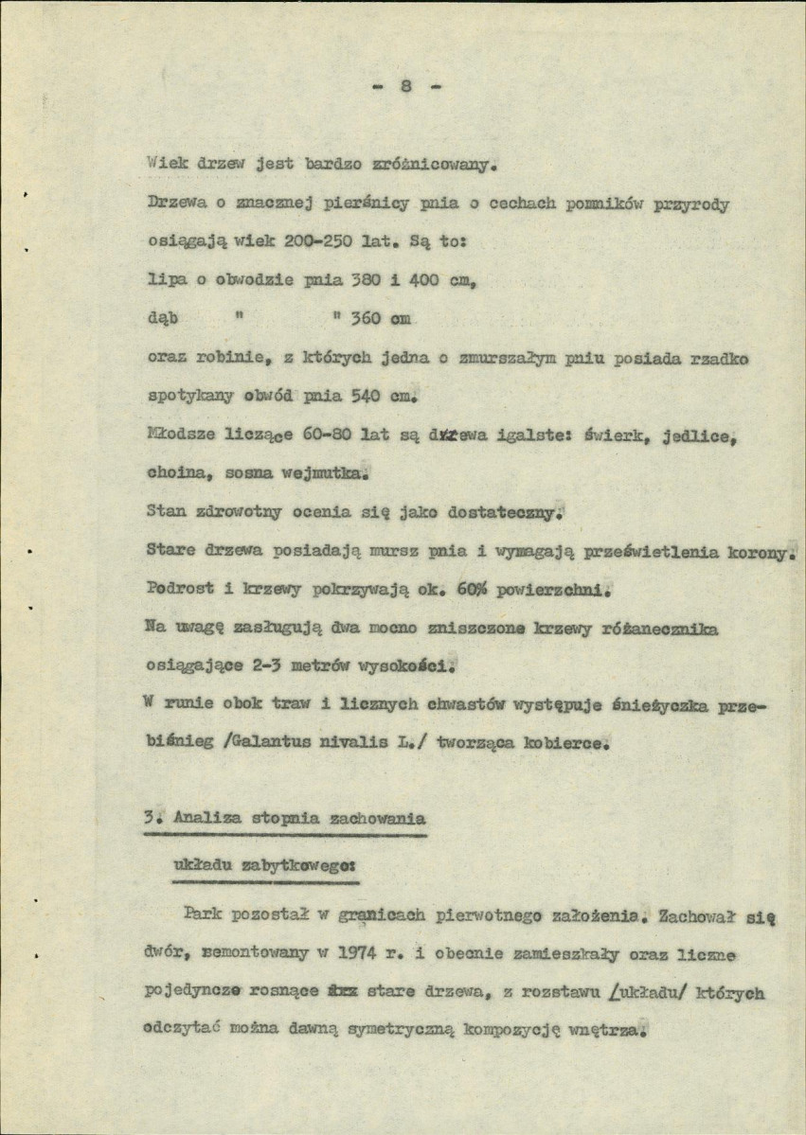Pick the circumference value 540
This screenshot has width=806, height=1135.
[365, 394]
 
